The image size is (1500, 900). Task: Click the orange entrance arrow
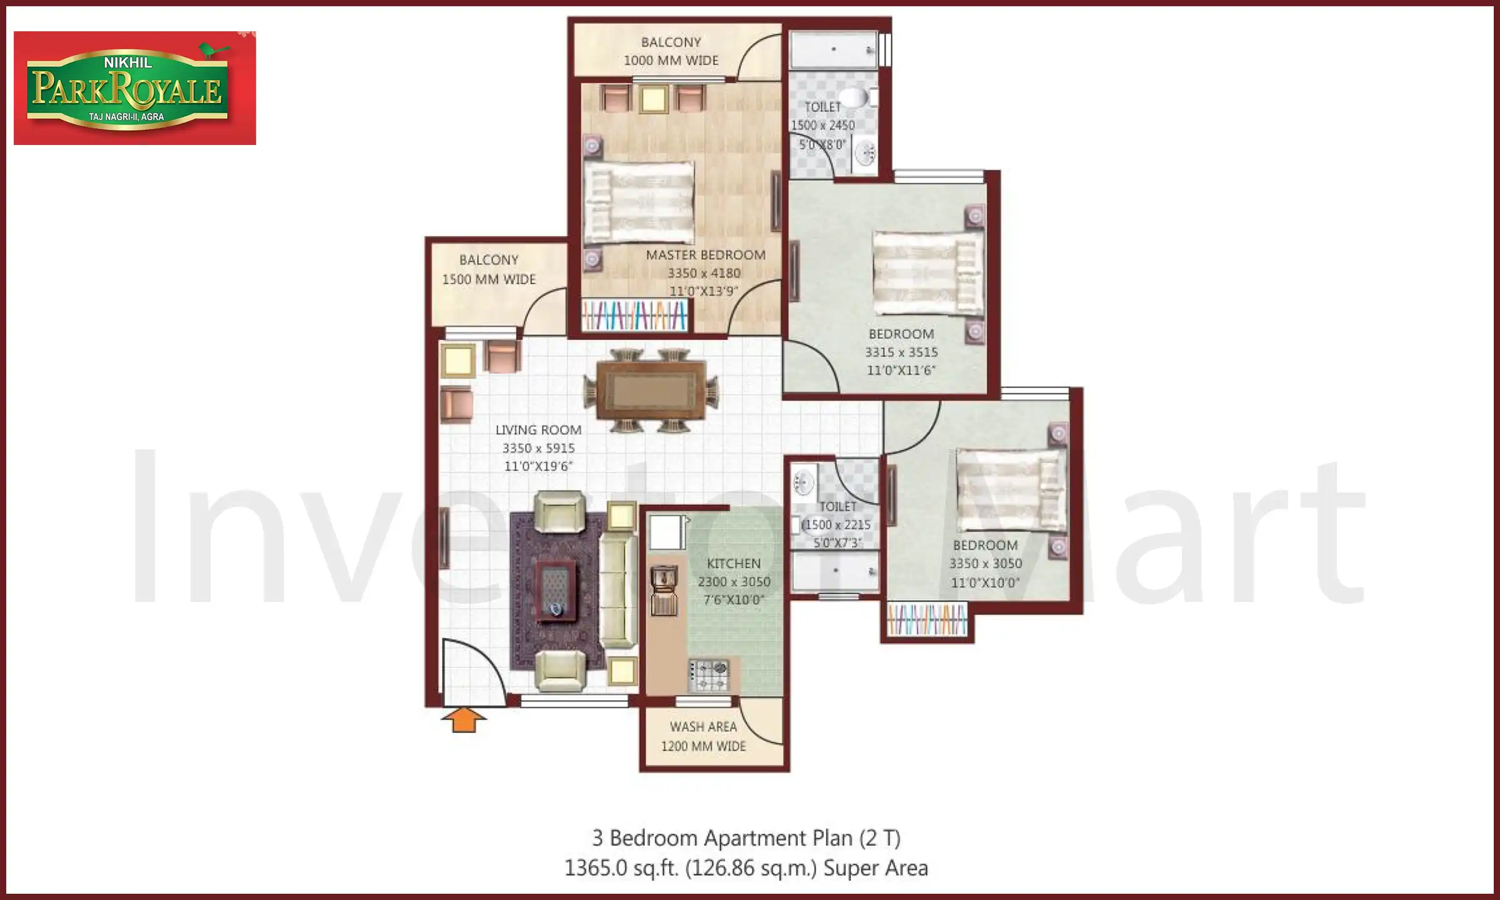[x=463, y=720]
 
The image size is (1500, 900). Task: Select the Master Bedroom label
[x=706, y=255]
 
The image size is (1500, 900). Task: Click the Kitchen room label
[x=734, y=563]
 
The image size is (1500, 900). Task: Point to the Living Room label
[x=538, y=430]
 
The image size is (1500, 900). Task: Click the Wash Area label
[x=703, y=727]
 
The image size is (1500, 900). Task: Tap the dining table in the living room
[x=651, y=391]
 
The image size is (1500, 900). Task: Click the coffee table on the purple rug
[x=556, y=591]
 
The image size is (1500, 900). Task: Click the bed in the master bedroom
[x=639, y=202]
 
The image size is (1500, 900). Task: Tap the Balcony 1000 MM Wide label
[x=671, y=51]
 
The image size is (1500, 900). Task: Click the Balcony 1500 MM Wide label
[x=489, y=269]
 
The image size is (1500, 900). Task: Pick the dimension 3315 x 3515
[x=901, y=352]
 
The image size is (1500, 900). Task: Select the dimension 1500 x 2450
[x=822, y=125]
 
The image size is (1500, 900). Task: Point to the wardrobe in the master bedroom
[x=634, y=316]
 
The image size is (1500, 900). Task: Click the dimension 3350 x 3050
[x=986, y=563]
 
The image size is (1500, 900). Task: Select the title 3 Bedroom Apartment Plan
[x=746, y=837]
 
